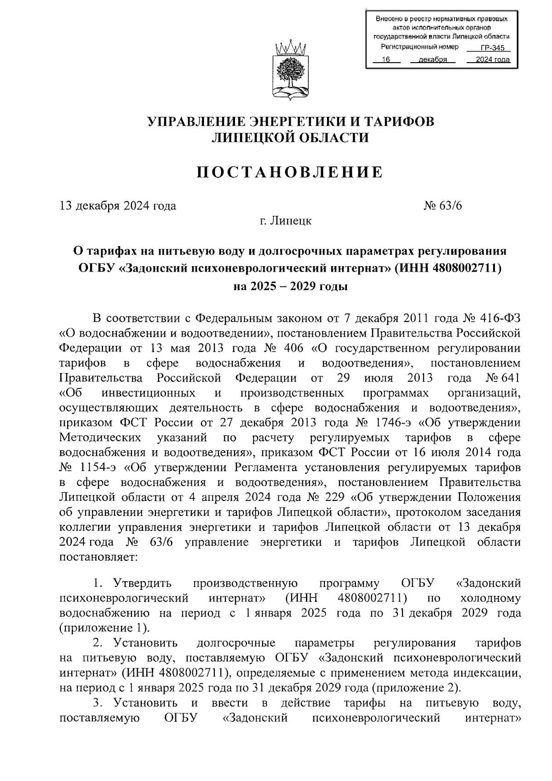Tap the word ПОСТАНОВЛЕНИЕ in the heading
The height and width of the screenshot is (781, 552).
(290, 172)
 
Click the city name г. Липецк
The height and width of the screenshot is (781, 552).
(285, 221)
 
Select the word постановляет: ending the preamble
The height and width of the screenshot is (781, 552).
(98, 557)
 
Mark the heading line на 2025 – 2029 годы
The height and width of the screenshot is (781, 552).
(290, 286)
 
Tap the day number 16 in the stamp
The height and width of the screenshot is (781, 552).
(386, 59)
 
